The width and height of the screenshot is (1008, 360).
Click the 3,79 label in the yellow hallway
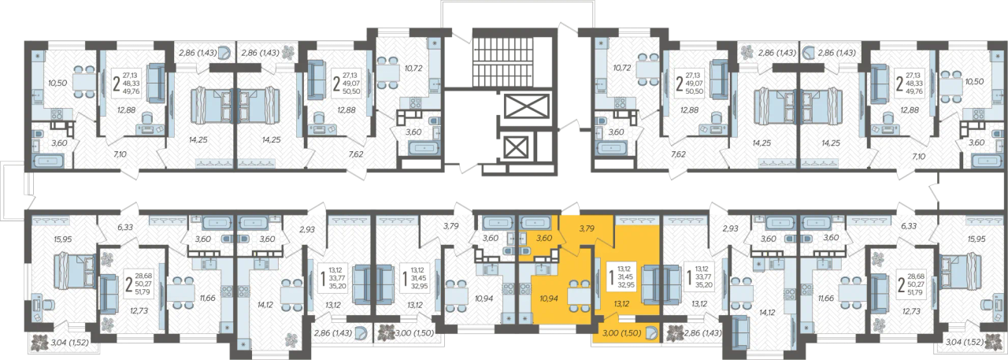click(587, 228)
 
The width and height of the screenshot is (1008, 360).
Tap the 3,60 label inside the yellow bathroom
click(544, 239)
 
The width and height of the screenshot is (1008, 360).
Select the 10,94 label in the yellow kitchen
click(549, 298)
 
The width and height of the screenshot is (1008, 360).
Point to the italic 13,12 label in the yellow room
click(621, 304)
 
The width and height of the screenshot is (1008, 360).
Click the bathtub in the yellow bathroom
click(535, 222)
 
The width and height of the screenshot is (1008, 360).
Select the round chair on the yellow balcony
click(650, 333)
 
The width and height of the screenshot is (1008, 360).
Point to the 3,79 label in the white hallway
click(450, 226)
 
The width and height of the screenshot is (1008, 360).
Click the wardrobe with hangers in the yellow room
click(632, 220)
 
